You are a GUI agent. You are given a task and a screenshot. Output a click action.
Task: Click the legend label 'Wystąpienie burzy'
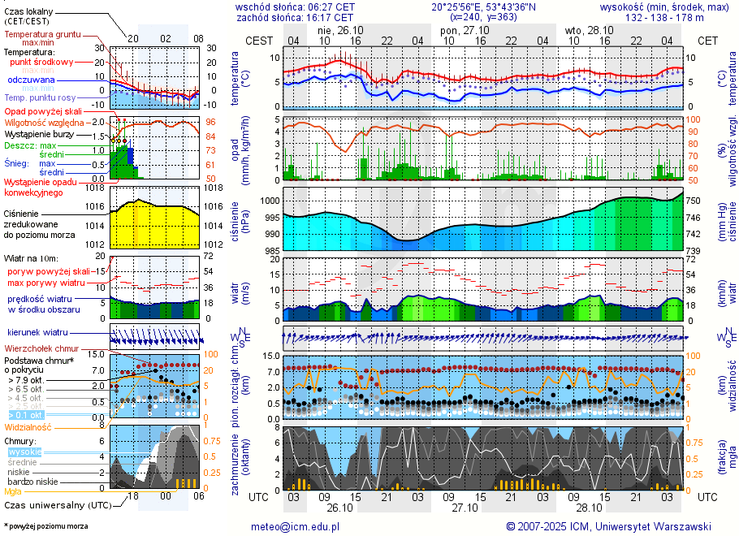tap(42, 133)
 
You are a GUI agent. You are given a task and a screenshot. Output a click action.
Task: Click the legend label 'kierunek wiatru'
tap(37, 333)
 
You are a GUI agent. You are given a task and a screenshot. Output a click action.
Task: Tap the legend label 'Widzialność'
tap(28, 426)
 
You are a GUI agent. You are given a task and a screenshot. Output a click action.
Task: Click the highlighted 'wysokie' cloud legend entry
tap(25, 452)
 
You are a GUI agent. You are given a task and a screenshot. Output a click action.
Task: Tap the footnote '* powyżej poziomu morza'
tap(45, 526)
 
